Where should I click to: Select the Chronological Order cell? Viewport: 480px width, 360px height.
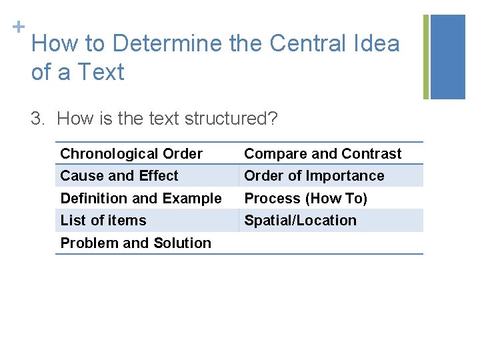point(131,154)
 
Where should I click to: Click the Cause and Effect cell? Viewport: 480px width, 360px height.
point(119,176)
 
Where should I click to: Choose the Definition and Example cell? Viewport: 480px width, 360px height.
point(141,198)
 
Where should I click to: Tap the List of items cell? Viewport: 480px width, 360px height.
point(103,221)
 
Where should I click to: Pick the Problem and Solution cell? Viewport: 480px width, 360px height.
point(135,243)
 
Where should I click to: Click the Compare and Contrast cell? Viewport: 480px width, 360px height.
point(323,154)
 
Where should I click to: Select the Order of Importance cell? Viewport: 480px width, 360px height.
point(314,176)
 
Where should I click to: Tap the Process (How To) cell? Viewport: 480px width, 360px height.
point(306,198)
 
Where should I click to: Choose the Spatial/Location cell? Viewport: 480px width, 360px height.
point(300,221)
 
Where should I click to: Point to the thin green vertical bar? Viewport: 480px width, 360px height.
point(427,57)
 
